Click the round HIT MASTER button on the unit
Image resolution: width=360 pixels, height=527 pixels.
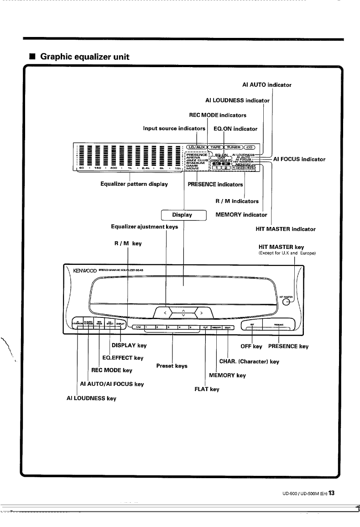287,301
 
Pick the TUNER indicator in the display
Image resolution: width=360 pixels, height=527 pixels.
233,147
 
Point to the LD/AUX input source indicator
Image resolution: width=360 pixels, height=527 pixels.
196,147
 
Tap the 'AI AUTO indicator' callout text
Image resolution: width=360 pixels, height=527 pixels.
266,84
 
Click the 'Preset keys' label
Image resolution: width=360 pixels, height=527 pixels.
172,366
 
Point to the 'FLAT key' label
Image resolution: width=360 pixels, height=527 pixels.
207,389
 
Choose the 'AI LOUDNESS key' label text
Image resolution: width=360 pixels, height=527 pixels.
91,398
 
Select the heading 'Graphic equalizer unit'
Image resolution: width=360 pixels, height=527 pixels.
85,57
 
